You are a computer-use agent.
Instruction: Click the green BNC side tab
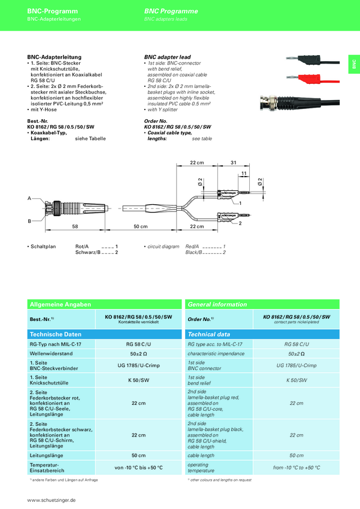click(x=354, y=65)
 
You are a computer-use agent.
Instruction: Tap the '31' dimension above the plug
click(x=234, y=162)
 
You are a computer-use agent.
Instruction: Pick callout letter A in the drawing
click(x=29, y=198)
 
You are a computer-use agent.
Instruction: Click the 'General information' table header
click(x=216, y=304)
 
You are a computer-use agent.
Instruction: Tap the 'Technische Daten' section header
click(x=55, y=334)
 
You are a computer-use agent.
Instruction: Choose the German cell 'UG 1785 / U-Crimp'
click(x=138, y=365)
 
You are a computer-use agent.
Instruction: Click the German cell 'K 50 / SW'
click(x=138, y=380)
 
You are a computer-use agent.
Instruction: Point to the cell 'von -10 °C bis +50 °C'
click(x=138, y=467)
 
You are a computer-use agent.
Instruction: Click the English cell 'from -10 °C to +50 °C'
click(x=297, y=467)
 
